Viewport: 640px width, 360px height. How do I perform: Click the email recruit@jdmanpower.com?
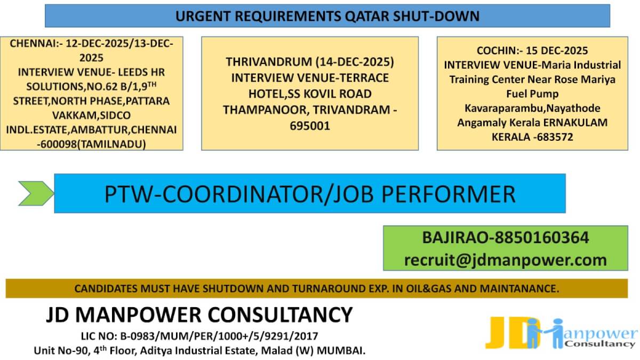(x=505, y=260)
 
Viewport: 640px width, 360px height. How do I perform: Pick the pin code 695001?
(x=310, y=126)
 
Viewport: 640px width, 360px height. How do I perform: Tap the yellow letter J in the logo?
(x=497, y=333)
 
